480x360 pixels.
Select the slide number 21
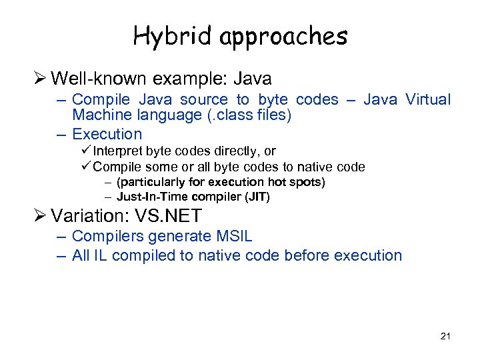[x=445, y=336]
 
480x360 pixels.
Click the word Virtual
[x=427, y=100]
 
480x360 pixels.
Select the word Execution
[x=107, y=134]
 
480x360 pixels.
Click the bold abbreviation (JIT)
[x=256, y=197]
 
